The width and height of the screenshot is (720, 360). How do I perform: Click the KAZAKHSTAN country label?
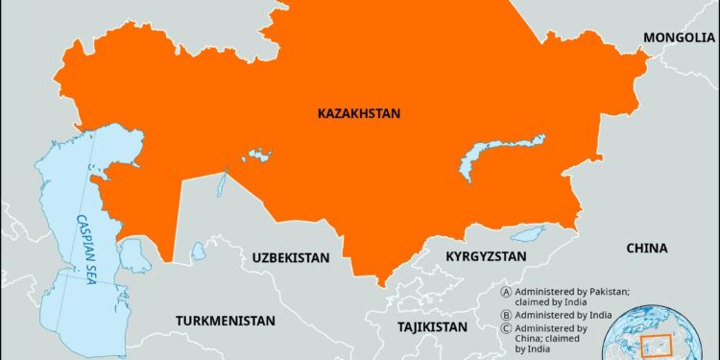click(359, 113)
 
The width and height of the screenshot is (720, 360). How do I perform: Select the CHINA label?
click(646, 248)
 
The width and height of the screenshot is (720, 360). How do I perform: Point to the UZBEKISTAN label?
click(291, 258)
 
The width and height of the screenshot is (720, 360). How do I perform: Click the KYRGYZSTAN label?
click(487, 256)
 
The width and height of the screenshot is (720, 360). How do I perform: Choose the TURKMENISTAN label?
click(225, 320)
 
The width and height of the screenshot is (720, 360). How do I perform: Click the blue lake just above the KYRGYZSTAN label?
click(527, 233)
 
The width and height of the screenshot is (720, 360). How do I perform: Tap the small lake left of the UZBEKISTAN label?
click(198, 252)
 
